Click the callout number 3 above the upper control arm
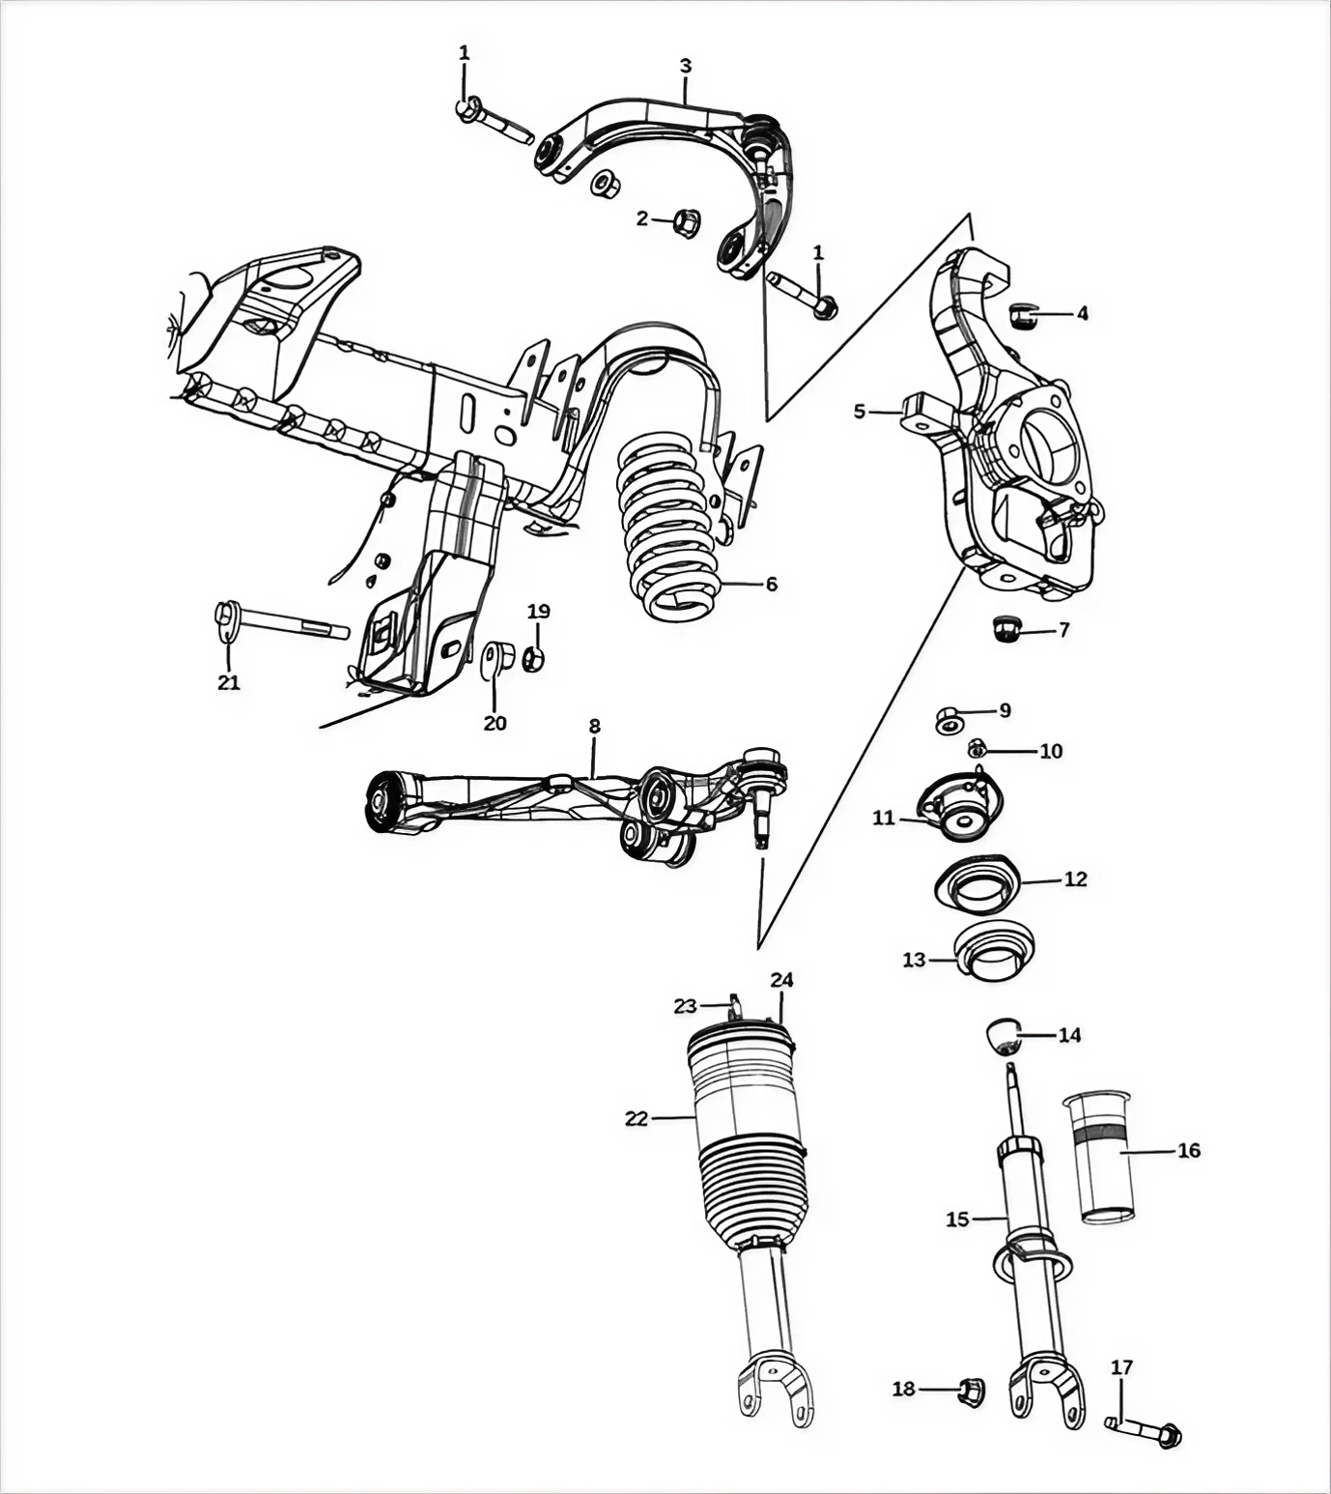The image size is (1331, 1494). (x=685, y=66)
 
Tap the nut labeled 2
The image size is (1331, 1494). (x=685, y=221)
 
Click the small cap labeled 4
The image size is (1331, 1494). (x=1022, y=314)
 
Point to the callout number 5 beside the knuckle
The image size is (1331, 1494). (x=860, y=412)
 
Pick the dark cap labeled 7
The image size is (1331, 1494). (x=1007, y=630)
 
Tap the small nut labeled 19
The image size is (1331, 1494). (x=534, y=659)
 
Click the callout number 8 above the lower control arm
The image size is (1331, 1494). (x=594, y=726)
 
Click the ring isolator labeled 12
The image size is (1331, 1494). (x=977, y=883)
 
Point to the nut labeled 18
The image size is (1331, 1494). (x=969, y=1390)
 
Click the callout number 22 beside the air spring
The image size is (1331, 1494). (x=636, y=1119)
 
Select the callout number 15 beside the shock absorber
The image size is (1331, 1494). (x=956, y=1220)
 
